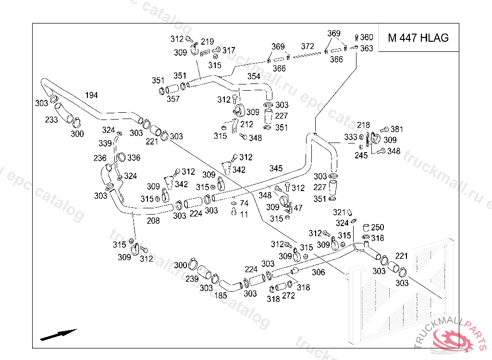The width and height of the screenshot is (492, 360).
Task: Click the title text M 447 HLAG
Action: click(418, 38)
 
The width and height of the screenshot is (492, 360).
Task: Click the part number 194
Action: click(91, 95)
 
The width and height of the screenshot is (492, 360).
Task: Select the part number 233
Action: click(51, 120)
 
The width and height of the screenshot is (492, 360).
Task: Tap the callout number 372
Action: click(307, 47)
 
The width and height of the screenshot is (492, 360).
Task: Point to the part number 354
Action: click(254, 76)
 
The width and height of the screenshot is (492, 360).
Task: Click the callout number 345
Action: click(276, 168)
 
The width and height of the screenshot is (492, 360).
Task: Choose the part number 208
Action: click(153, 221)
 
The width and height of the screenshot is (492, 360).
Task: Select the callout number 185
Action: click(220, 296)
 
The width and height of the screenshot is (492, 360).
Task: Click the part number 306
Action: click(318, 272)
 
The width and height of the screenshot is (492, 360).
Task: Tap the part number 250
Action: click(378, 227)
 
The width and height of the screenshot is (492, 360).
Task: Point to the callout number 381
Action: click(396, 129)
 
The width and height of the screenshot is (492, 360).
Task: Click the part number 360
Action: click(366, 37)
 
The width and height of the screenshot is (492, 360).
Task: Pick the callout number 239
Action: click(192, 279)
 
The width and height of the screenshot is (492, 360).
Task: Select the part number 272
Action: click(288, 296)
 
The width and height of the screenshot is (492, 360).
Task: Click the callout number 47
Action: click(298, 208)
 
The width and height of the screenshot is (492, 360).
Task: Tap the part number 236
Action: click(100, 158)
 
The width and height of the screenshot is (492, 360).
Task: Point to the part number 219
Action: click(207, 41)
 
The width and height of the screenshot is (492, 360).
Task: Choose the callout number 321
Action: click(339, 212)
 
